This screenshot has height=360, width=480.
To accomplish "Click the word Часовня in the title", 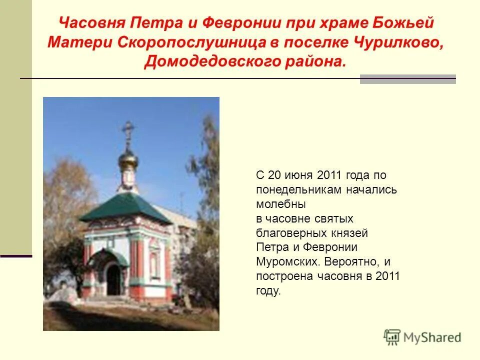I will tap(92, 23).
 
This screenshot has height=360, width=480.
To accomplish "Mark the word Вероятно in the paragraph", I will tap(350, 262).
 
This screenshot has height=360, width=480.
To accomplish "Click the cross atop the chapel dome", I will tap(128, 131).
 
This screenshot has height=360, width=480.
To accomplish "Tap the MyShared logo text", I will tap(433, 338).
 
